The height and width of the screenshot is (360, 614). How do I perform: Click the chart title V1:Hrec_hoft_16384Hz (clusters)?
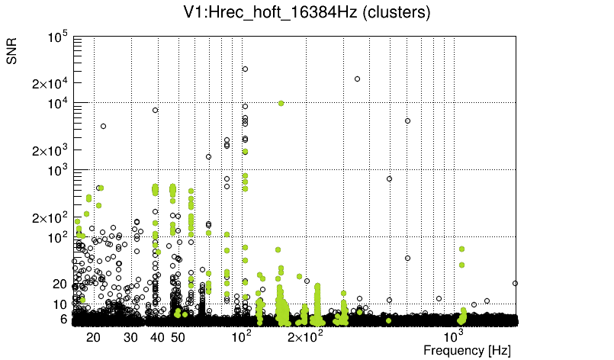point(307,12)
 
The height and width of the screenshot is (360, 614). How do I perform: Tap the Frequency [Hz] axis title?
point(467,350)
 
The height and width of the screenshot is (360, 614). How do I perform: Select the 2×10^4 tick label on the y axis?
point(50,83)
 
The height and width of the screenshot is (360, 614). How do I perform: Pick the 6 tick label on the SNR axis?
point(65,319)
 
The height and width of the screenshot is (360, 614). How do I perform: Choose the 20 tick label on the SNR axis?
point(61,284)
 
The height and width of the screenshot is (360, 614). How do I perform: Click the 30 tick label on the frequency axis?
point(130,337)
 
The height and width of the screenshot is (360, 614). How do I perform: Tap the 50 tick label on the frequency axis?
point(177,337)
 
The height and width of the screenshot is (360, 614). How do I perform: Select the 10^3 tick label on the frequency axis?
point(455,336)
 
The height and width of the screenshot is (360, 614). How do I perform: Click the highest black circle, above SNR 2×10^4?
point(245,69)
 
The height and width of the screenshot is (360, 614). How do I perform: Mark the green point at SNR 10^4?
point(281,103)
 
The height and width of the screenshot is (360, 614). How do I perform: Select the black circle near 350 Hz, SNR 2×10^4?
point(357,79)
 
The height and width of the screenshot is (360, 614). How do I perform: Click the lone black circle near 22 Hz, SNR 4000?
point(103,126)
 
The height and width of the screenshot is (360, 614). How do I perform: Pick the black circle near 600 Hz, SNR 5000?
point(407,121)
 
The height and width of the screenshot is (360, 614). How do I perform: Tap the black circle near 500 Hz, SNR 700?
point(389,178)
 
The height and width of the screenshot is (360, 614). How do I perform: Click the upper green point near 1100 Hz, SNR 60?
point(461,249)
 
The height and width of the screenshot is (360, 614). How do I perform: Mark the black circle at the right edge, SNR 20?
point(516,283)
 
